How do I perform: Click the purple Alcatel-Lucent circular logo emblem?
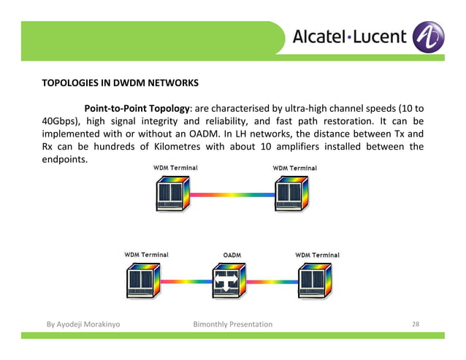click(x=428, y=37)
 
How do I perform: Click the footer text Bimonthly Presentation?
click(x=232, y=324)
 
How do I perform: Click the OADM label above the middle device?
click(x=232, y=255)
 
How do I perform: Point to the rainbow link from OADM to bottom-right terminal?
click(x=275, y=280)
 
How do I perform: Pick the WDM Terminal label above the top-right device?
click(x=294, y=168)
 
